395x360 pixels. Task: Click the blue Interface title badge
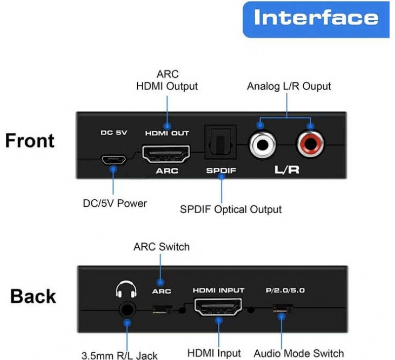pos(316,20)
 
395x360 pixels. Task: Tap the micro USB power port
pos(114,159)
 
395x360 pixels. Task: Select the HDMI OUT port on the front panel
pos(166,154)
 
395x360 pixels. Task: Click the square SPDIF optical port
pos(221,142)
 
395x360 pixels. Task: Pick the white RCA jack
pos(263,144)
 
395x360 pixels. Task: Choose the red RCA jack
pos(311,144)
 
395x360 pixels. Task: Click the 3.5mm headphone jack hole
pos(127,310)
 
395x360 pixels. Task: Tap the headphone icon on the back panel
pos(126,289)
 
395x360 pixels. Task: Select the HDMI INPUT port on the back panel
pos(218,307)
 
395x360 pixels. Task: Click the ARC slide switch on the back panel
pos(162,310)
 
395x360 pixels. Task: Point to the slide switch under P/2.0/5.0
pos(282,309)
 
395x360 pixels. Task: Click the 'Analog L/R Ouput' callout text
pos(289,86)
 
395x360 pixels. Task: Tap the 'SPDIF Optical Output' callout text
pos(231,210)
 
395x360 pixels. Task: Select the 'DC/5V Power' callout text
pos(115,203)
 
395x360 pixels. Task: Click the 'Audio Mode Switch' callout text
pos(299,353)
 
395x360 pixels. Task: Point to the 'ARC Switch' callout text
pos(161,247)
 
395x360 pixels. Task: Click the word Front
pos(30,141)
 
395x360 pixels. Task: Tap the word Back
pos(33,296)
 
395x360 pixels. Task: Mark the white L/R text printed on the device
pos(287,170)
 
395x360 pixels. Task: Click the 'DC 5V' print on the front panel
pos(114,133)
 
